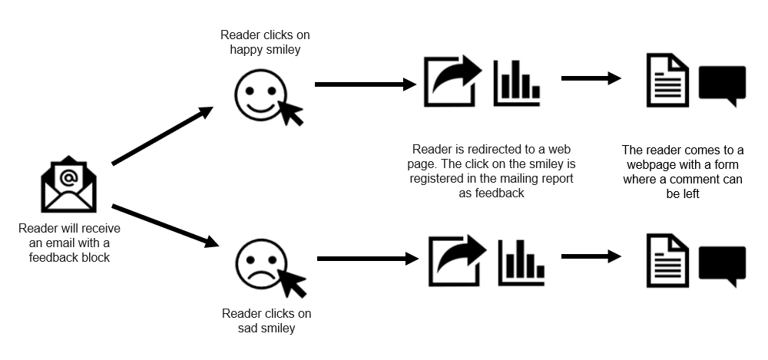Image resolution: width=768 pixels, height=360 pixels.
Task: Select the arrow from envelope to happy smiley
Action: (162, 136)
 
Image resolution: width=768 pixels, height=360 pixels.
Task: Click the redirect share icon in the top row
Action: (452, 81)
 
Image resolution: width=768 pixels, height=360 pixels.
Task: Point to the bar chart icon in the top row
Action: (517, 82)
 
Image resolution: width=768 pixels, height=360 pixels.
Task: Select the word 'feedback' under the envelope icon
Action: (54, 257)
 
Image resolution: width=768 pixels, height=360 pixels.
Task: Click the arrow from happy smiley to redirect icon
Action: (365, 84)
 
